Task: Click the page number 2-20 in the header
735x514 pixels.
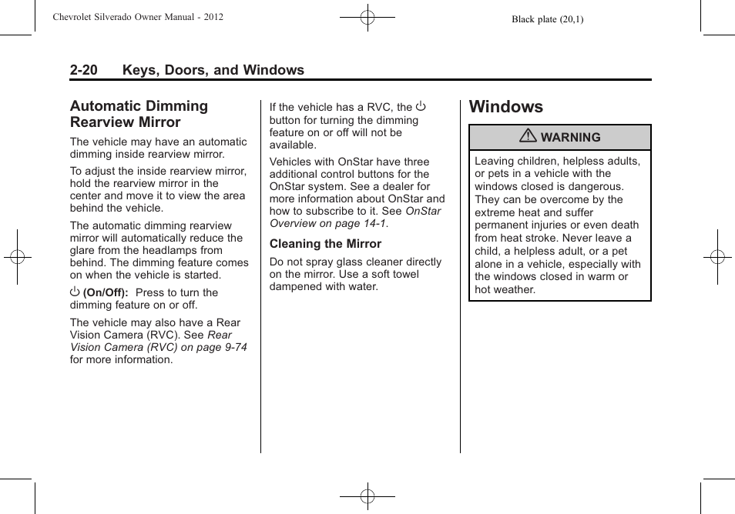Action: point(83,70)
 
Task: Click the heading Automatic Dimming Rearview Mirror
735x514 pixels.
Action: point(139,114)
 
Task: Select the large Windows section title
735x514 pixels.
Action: point(505,106)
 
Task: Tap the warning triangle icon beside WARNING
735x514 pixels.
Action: point(528,137)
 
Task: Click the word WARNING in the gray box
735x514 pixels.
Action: point(570,138)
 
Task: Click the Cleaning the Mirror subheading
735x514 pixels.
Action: point(325,244)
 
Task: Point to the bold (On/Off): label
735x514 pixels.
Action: point(106,292)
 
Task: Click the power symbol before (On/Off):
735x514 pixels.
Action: point(75,292)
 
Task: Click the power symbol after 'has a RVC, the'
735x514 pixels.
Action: point(421,106)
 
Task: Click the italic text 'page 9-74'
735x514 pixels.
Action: point(222,347)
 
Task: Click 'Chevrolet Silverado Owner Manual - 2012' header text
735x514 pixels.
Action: point(138,16)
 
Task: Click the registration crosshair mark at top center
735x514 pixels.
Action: point(367,16)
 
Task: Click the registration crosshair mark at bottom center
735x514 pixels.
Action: point(367,496)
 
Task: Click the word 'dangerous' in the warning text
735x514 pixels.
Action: point(597,186)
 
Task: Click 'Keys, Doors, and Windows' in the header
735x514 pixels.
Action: point(213,70)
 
